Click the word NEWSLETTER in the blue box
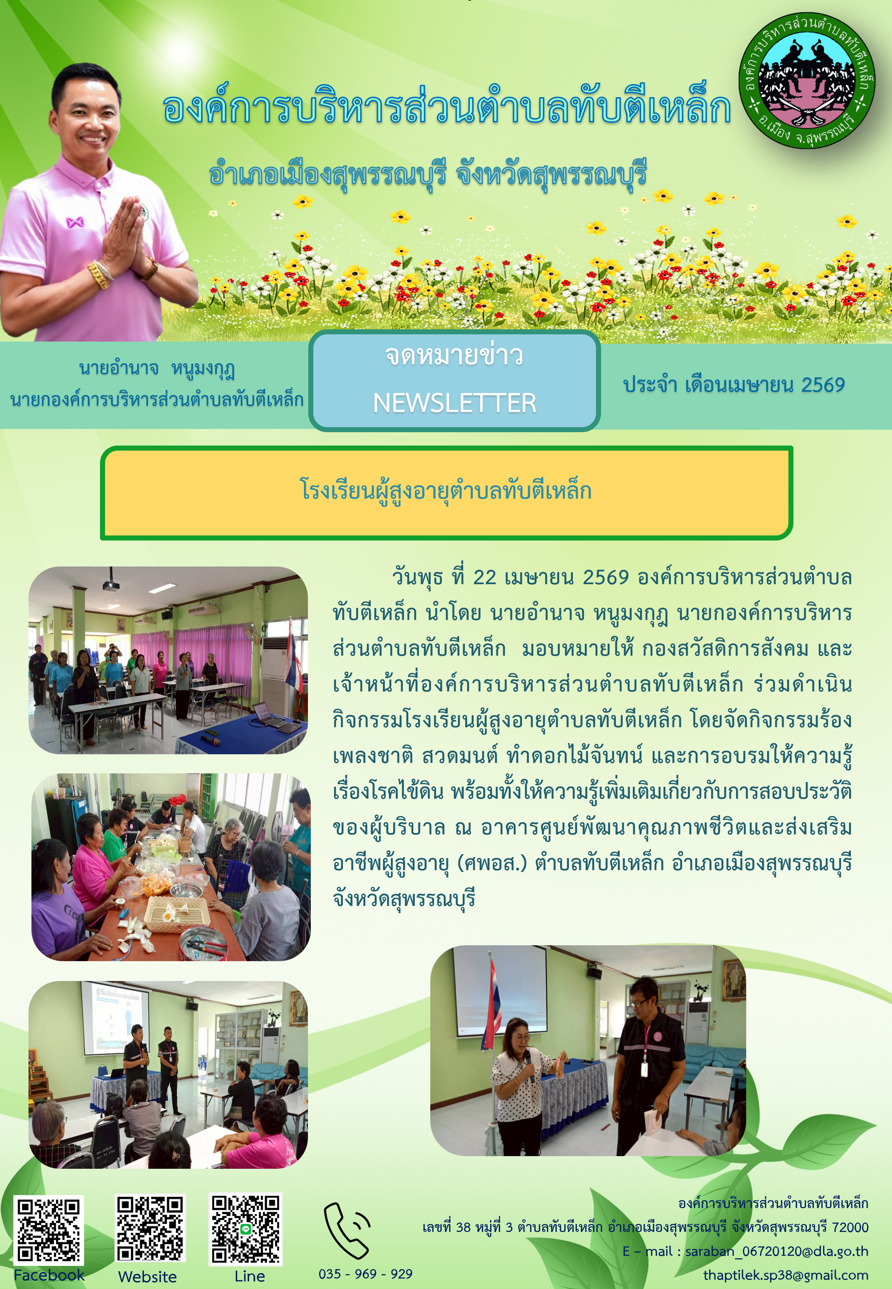tap(454, 403)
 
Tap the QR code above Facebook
tap(49, 1230)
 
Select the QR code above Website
tap(150, 1228)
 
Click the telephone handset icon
tap(347, 1230)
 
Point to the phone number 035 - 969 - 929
tap(366, 1274)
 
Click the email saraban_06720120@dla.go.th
tap(777, 1251)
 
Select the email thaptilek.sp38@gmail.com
tap(786, 1275)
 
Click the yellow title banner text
tap(445, 491)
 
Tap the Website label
tap(148, 1277)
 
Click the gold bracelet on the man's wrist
tap(100, 275)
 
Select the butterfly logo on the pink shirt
tap(75, 222)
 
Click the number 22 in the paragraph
tap(484, 577)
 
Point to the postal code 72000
tap(850, 1228)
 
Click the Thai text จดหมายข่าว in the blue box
tap(454, 356)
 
